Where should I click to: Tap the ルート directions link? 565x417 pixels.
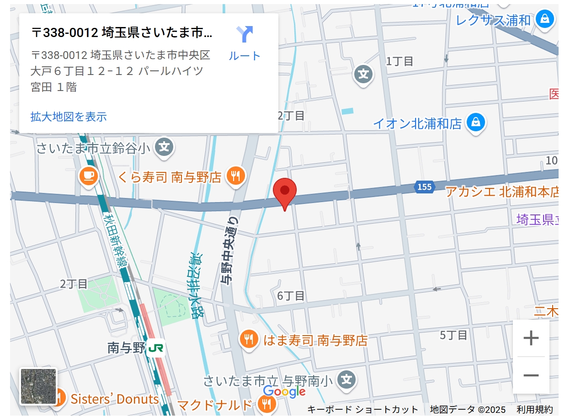[245, 44]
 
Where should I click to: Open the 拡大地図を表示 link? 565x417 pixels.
[69, 117]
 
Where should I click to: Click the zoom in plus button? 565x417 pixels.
[531, 338]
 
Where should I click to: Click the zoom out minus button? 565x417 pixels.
[531, 375]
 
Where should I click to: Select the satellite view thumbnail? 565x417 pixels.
[38, 386]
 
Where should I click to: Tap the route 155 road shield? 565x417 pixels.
[424, 187]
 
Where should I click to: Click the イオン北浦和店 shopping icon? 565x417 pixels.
[476, 122]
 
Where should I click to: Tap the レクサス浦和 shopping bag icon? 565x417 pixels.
[545, 19]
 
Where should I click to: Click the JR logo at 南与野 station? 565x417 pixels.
[156, 349]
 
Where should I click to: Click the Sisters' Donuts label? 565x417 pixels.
[114, 399]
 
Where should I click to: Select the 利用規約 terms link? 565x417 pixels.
[534, 410]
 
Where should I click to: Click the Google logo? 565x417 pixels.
[284, 392]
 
